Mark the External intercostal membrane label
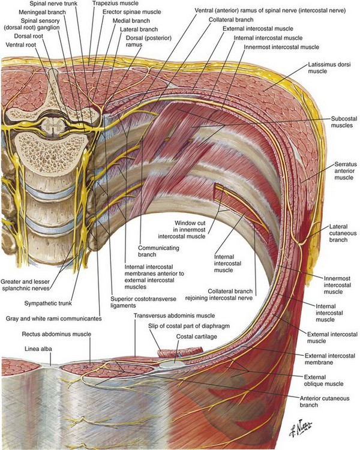pos(327,359)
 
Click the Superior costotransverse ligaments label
pos(136,302)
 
